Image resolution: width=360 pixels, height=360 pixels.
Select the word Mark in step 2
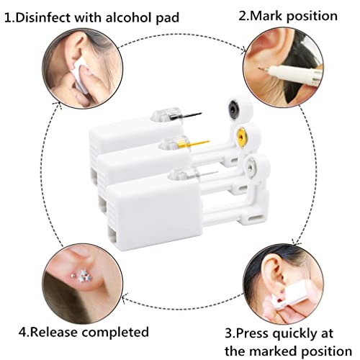[x=268, y=15]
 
